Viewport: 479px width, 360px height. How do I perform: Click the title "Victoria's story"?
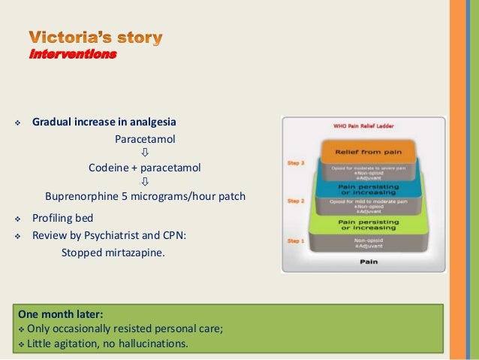tap(95, 37)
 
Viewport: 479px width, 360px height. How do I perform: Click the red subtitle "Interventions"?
tap(73, 54)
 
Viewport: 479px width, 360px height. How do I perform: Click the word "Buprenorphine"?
tap(83, 197)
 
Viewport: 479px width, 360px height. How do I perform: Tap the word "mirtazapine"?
tap(136, 253)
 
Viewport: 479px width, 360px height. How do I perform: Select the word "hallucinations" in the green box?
tap(152, 345)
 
